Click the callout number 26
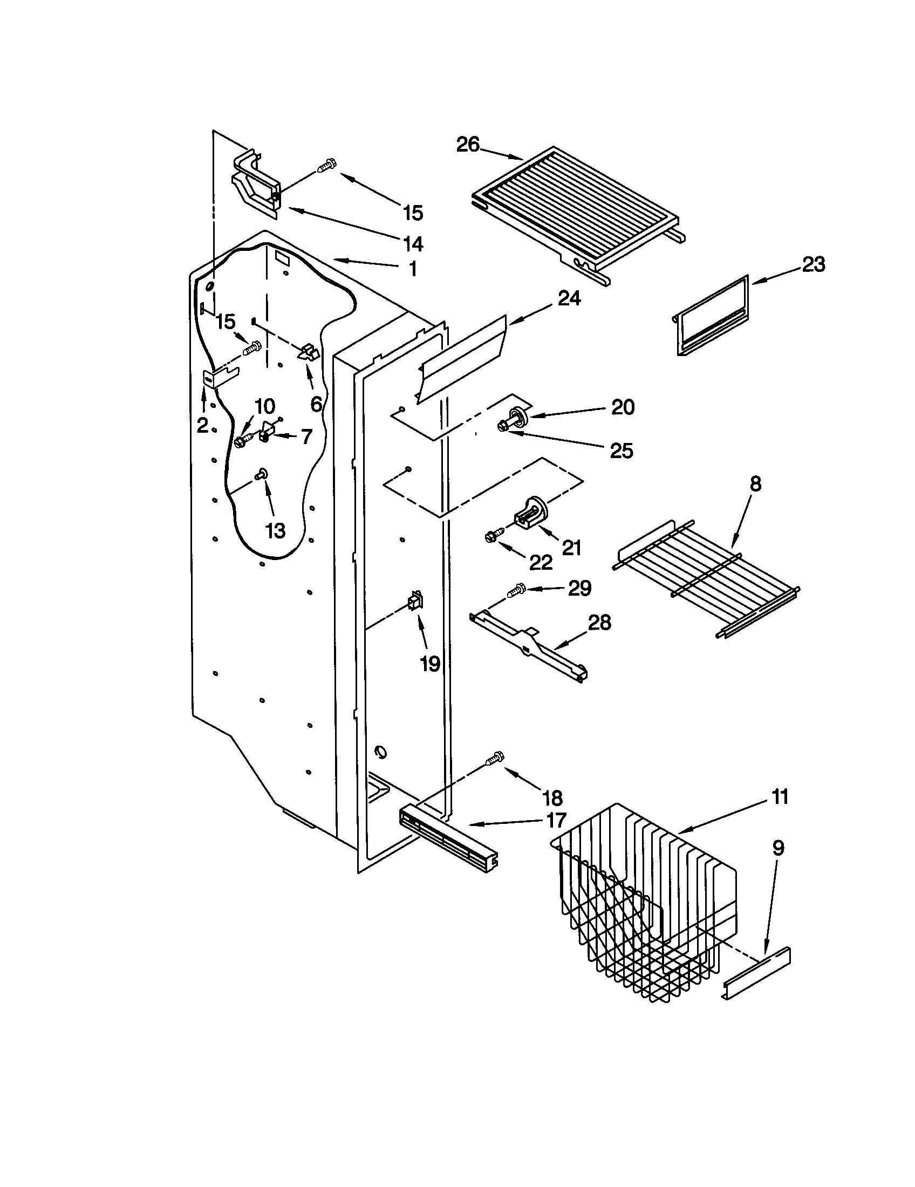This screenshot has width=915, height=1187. tap(468, 145)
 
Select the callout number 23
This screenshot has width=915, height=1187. tap(814, 265)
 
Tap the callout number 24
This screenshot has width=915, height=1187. tap(569, 298)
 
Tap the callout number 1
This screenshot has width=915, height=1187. tap(413, 269)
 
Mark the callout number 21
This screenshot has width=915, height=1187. tap(571, 547)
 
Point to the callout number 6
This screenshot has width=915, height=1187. tap(316, 404)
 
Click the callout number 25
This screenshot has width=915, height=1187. tap(622, 451)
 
